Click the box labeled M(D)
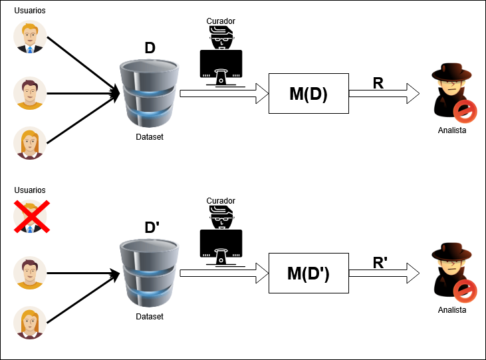tap(308, 94)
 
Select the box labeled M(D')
tap(308, 273)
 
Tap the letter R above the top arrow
tap(378, 83)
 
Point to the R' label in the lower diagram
tap(380, 262)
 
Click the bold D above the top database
tap(150, 49)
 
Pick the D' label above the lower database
tap(152, 227)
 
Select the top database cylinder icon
tap(150, 94)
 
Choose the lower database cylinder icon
tap(150, 273)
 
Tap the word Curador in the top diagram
tap(221, 21)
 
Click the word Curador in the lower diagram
tap(221, 201)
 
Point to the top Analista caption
tap(452, 130)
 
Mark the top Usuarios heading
tap(30, 11)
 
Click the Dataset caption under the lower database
tap(150, 317)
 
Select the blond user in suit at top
tap(30, 37)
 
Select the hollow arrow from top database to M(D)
tap(223, 94)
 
